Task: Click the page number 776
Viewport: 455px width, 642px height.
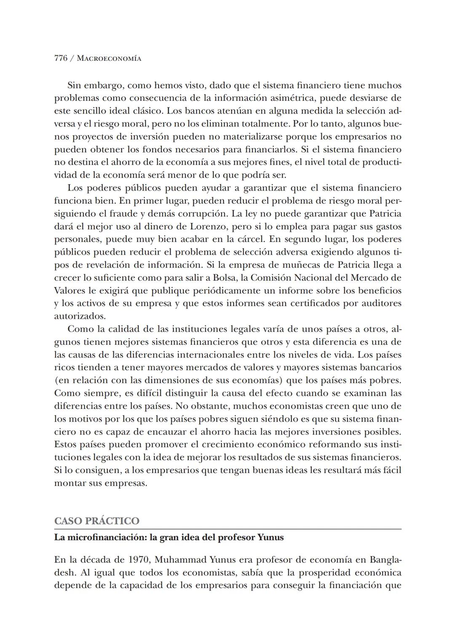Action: [x=61, y=59]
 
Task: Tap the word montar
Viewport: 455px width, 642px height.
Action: [x=68, y=483]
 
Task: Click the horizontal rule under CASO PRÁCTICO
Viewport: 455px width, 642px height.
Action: [x=227, y=529]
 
